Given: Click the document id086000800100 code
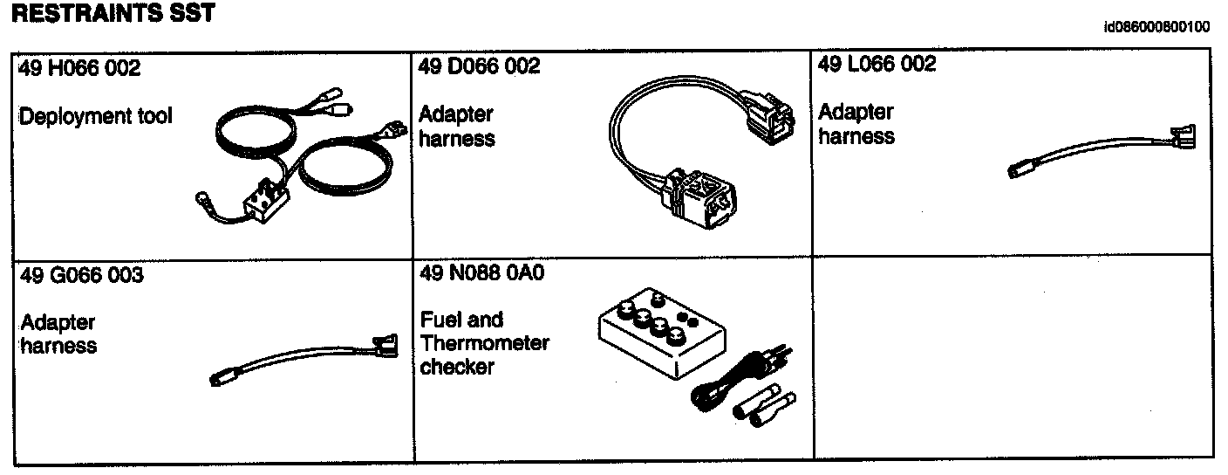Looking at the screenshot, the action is click(x=1156, y=27).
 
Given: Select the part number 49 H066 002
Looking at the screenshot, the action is click(x=79, y=68).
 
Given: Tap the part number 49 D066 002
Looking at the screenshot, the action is click(x=479, y=66).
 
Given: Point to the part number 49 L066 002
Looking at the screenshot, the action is click(x=877, y=64).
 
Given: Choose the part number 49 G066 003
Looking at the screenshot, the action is click(x=81, y=276).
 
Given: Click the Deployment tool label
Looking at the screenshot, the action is click(x=96, y=115).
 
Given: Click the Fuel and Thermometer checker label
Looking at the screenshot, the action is click(x=484, y=343).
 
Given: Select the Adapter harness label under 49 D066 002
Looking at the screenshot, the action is click(x=457, y=127).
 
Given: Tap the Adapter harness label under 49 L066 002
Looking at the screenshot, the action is click(x=856, y=124).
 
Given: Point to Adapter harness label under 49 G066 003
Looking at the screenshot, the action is click(x=58, y=334).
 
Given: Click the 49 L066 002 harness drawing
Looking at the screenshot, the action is click(x=1102, y=153).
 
